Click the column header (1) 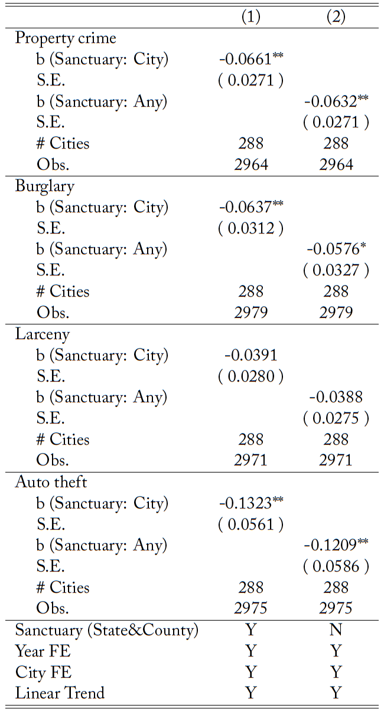(x=251, y=17)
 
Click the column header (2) (x=336, y=17)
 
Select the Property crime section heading (x=66, y=38)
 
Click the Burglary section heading (x=45, y=186)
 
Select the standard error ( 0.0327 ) (x=336, y=270)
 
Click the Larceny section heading (x=43, y=334)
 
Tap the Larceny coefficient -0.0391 (x=250, y=355)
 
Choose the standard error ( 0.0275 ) (x=336, y=418)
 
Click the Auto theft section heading (x=51, y=483)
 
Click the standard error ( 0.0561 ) (x=250, y=524)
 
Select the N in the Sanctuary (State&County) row (x=336, y=630)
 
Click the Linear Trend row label (x=60, y=692)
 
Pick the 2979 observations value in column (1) (x=250, y=312)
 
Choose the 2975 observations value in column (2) (x=336, y=608)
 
